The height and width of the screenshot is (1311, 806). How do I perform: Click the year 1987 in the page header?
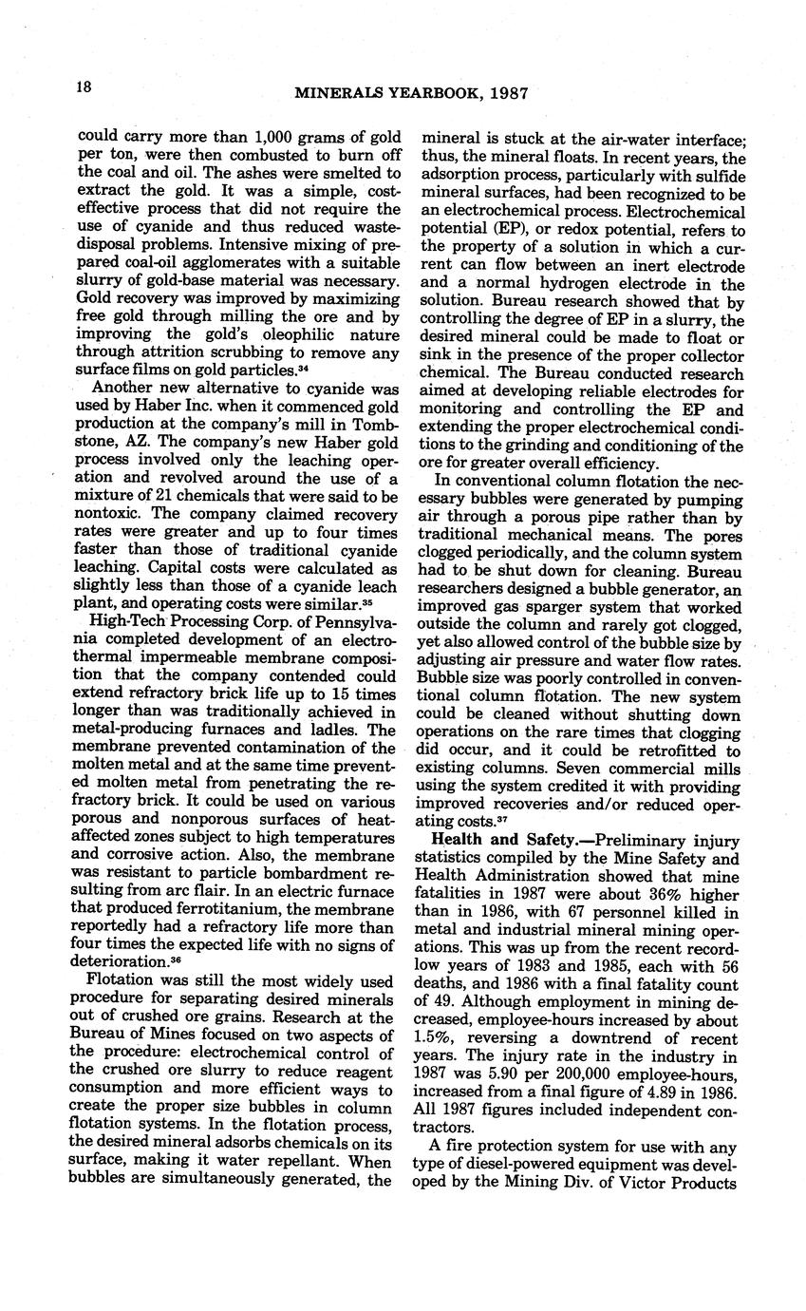click(508, 94)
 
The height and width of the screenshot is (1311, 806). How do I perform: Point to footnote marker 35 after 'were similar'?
click(364, 602)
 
